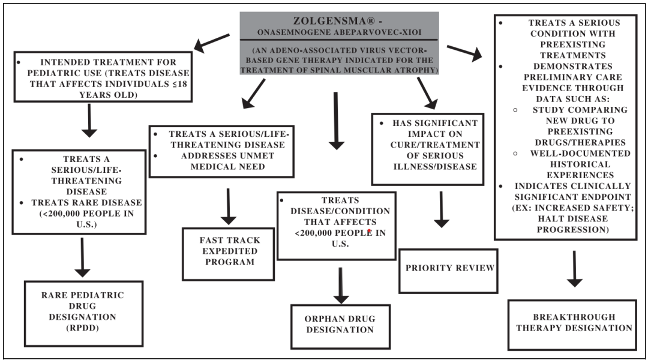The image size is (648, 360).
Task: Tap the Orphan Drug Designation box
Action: (x=340, y=323)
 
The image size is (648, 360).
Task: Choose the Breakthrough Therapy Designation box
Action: (x=571, y=322)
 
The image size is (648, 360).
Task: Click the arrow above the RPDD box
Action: (x=82, y=256)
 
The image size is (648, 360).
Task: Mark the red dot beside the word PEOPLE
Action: (x=370, y=230)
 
